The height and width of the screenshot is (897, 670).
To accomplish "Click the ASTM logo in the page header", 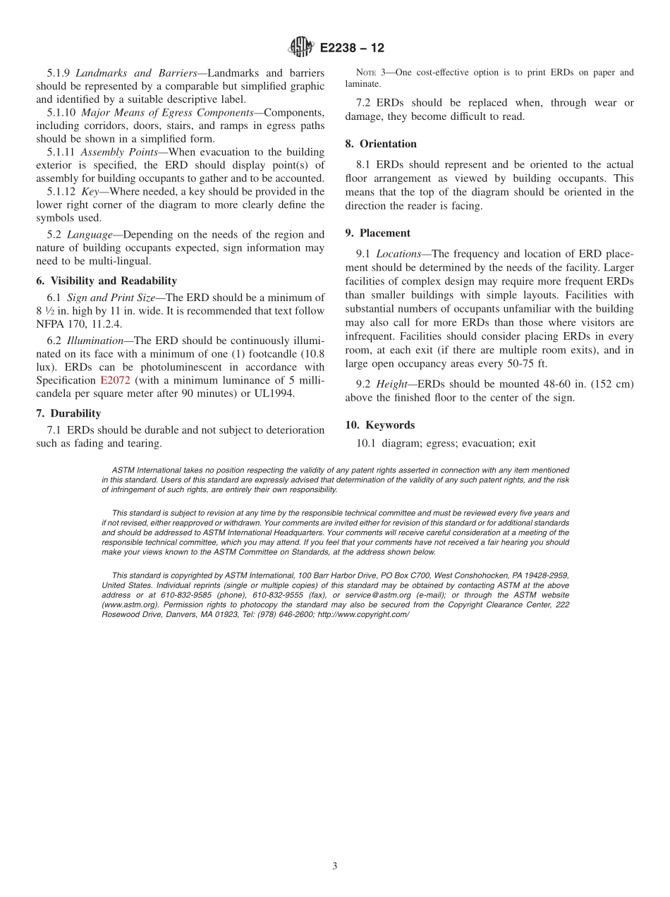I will pos(301,48).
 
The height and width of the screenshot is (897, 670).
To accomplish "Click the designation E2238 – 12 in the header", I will pos(352,48).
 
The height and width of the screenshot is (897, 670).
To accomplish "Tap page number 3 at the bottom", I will pos(335,866).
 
